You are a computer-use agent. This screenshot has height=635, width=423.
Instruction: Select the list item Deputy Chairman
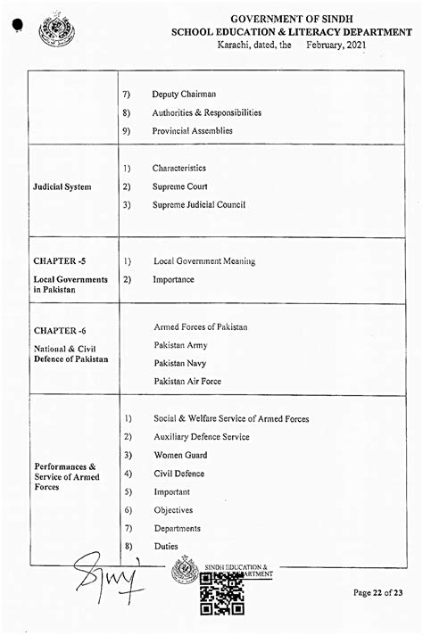184,95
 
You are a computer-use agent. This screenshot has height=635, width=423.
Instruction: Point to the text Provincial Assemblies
192,131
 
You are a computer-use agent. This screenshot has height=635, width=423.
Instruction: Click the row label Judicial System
62,187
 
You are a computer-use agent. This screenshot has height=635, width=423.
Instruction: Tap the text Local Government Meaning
204,261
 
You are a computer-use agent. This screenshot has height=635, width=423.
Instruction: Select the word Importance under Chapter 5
173,279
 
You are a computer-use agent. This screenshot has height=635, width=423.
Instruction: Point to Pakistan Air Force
187,382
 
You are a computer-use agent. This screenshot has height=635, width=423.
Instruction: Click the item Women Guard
180,456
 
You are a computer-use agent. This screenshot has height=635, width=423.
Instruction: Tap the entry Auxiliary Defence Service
201,437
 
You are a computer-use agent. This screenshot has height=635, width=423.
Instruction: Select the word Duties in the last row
166,547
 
